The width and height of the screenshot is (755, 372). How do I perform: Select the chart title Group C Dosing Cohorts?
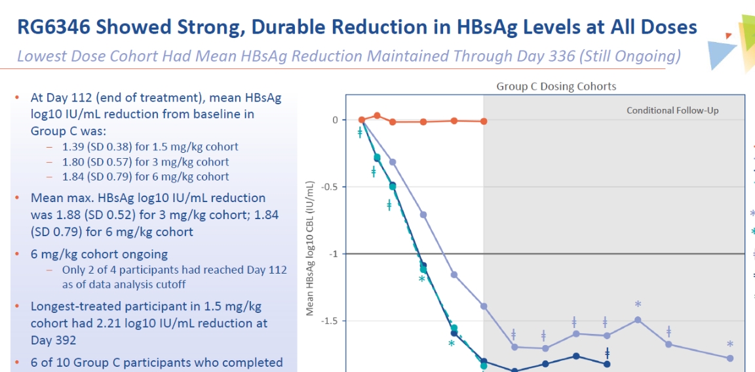pos(556,87)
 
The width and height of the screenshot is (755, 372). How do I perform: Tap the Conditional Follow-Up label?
pos(672,110)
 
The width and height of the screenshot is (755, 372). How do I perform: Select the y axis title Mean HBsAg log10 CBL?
pos(310,249)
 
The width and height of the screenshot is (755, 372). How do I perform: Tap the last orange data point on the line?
pos(484,121)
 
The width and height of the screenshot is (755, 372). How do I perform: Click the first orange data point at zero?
pos(362,119)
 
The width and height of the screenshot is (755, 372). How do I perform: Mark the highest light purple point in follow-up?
pos(638,320)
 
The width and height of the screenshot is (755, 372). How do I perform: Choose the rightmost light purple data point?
pos(730,358)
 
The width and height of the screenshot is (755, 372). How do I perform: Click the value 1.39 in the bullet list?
pos(73,146)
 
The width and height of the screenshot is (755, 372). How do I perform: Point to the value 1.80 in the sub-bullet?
pos(73,161)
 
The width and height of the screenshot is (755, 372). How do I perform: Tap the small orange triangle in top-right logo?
pos(728,35)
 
